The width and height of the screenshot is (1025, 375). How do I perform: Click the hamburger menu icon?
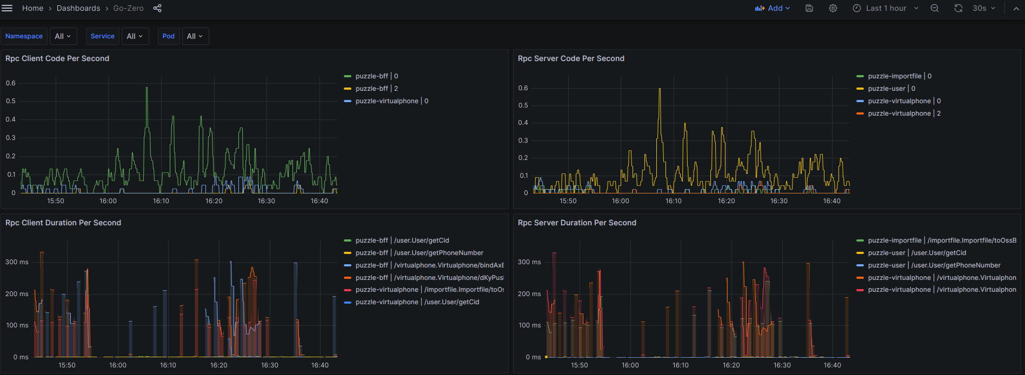coord(7,8)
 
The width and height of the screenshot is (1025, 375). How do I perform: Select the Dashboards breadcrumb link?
coord(78,8)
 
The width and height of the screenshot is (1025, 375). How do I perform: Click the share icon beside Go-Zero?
coord(157,8)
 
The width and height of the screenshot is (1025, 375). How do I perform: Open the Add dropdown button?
coord(773,8)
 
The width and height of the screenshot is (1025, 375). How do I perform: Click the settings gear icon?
coord(833,8)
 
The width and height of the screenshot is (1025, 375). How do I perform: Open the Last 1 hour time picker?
coord(886,8)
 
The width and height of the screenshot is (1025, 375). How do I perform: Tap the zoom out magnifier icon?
coord(935,8)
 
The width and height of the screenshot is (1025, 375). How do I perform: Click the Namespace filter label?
coord(24,36)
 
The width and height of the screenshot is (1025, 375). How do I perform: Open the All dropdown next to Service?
coord(135,36)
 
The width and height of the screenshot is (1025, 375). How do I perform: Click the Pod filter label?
coord(169,36)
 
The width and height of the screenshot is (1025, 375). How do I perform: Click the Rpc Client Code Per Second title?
coord(57,58)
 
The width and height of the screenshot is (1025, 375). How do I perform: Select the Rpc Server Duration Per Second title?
coord(577,223)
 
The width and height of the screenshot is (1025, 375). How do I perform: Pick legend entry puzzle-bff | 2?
coord(377,89)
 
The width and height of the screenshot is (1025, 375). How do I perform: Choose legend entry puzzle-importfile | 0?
coord(900,76)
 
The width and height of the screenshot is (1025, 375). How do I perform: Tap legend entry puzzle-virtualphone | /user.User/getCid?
coord(417,302)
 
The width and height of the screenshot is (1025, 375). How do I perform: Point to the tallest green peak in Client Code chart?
coord(147,88)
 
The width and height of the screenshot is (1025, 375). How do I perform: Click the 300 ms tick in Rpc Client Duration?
coord(17,262)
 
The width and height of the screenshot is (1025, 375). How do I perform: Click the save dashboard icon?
coord(809,8)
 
